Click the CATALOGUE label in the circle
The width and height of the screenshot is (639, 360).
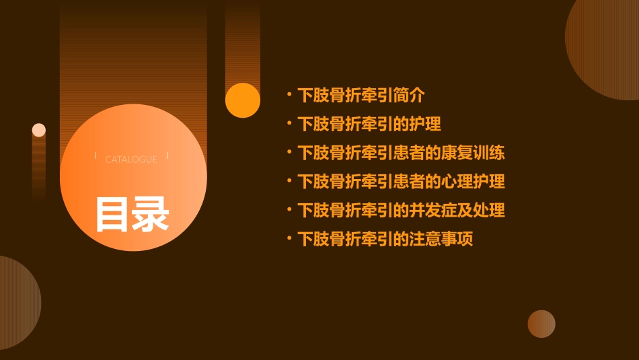[x=131, y=159]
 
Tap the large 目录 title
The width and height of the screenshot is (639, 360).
[x=132, y=214]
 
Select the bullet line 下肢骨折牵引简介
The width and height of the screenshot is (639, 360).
[x=361, y=95]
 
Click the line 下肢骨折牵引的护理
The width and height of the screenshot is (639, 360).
[x=369, y=124]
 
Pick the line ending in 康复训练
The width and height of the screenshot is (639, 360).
[x=401, y=153]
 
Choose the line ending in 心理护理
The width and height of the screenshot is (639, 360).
[x=401, y=182]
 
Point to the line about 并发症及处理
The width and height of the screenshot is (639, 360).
[x=401, y=210]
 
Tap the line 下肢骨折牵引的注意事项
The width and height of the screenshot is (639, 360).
[x=385, y=239]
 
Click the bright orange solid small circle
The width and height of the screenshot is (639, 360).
[x=243, y=100]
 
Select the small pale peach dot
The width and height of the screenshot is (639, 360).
[x=39, y=130]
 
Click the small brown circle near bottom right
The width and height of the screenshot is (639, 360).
[x=541, y=324]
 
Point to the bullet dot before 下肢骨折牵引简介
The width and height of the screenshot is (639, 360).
[x=289, y=94]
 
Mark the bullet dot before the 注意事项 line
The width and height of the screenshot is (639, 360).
[x=289, y=238]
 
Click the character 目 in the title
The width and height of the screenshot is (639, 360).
[x=112, y=214]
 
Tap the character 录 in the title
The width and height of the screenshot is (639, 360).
[x=151, y=214]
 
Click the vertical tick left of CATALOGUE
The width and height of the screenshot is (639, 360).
[x=96, y=155]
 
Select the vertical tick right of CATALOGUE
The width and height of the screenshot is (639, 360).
[x=167, y=155]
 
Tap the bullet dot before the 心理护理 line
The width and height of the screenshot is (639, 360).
[x=289, y=181]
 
